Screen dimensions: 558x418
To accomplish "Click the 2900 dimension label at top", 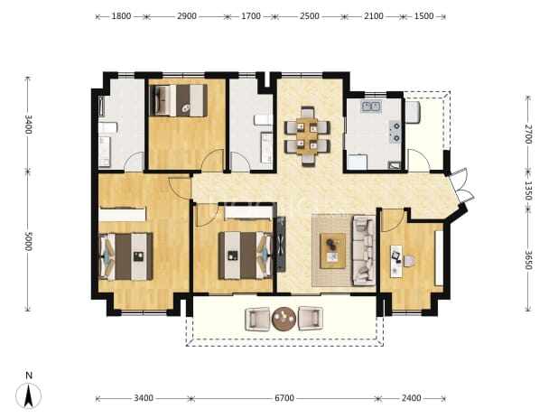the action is pos(187,16).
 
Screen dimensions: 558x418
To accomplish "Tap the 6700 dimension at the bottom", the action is pos(284,398).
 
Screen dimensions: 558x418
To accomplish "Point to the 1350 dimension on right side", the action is pos(528,190).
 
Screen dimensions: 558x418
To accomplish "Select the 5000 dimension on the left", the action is pos(29,241).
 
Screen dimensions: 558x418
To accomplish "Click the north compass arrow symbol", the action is pos(29,395).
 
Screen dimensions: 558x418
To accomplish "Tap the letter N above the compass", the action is pos(29,376).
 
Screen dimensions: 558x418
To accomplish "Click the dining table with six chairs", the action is pos(308,136).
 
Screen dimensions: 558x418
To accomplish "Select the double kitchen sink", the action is pos(371,107).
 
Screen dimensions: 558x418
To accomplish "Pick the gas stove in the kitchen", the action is pos(395,132).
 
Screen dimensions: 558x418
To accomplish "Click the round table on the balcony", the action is pos(284,319).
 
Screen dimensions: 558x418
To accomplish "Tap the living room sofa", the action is pos(364,250).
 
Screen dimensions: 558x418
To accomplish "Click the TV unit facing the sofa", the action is pos(281,245).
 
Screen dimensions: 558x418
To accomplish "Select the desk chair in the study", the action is pos(409,261).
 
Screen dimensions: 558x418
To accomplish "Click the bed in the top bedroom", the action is pos(178,100).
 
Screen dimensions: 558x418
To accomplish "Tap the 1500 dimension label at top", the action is pos(423,16).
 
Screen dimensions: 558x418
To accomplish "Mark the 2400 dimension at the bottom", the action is pos(412,398).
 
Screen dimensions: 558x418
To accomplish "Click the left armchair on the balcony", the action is pos(257,319).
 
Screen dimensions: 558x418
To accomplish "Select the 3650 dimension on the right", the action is pos(528,260).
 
